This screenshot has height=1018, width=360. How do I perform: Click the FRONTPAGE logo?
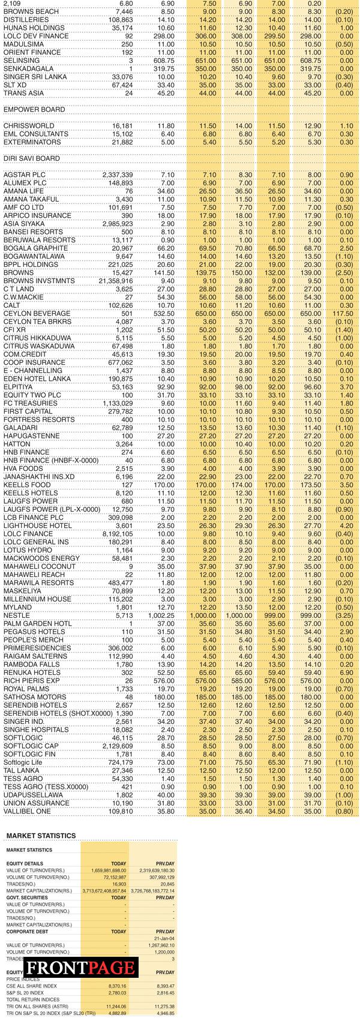[x=80, y=967]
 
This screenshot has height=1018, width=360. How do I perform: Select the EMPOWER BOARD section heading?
[x=34, y=110]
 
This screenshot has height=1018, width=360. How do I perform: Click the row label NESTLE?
[x=17, y=615]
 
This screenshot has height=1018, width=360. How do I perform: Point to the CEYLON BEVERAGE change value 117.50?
[x=343, y=314]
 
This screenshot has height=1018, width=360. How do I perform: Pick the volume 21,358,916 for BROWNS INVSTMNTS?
[x=114, y=281]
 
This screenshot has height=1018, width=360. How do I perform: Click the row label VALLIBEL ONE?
[x=28, y=811]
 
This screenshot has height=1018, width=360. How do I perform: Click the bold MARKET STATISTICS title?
[x=41, y=836]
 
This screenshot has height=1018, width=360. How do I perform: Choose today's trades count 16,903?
[x=119, y=884]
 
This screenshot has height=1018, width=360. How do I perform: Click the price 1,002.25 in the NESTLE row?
[x=162, y=615]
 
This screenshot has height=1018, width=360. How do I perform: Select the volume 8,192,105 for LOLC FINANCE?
[x=114, y=534]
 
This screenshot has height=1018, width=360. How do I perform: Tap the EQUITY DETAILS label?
[x=25, y=864]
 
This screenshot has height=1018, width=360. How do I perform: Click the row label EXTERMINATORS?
[x=32, y=142]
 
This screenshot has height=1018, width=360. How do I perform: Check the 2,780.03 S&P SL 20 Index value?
[x=117, y=993]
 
